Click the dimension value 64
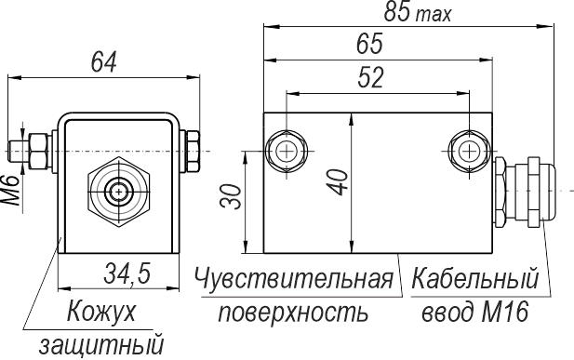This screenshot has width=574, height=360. click(103, 61)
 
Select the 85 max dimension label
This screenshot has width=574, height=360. click(418, 12)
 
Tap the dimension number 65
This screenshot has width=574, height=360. click(369, 44)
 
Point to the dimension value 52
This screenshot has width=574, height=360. click(370, 77)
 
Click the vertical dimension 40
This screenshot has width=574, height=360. click(338, 181)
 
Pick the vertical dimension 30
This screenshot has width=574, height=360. click(231, 197)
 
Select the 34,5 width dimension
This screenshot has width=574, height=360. click(127, 273)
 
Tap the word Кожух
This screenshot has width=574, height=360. click(101, 312)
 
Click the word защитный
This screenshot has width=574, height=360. click(101, 345)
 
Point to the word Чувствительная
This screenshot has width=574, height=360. click(294, 279)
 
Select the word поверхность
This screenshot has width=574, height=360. click(293, 313)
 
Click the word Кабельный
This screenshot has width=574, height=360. click(474, 279)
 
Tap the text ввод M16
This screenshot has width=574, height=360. click(475, 312)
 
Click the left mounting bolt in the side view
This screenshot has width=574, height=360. click(286, 151)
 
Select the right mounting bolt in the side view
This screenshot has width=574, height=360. click(469, 151)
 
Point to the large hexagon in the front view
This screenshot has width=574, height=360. click(118, 192)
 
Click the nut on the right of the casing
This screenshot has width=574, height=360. click(193, 151)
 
